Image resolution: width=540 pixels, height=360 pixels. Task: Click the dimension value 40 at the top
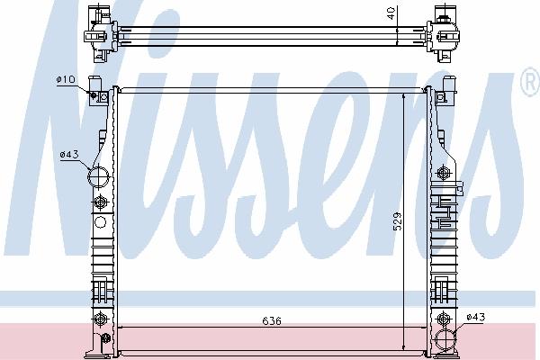click(x=391, y=13)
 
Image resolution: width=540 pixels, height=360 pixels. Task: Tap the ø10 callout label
click(x=66, y=79)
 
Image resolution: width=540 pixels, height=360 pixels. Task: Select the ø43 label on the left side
click(x=69, y=154)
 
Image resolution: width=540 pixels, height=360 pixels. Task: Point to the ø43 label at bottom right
click(x=476, y=317)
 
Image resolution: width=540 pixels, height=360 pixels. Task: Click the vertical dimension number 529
click(x=397, y=221)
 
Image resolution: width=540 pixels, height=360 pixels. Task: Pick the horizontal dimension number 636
click(x=272, y=321)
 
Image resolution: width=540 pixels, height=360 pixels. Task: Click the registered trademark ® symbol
click(x=530, y=82)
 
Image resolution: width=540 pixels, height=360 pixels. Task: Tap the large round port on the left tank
click(x=98, y=176)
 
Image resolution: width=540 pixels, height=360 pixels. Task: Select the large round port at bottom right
click(x=445, y=340)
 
